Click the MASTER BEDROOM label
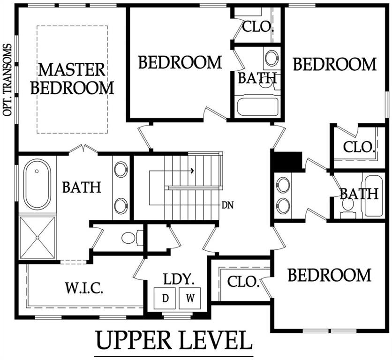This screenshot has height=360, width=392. tap(75, 78)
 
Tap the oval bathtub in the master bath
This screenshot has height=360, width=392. tap(38, 184)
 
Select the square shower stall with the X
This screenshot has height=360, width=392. tap(37, 237)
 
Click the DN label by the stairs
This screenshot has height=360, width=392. tap(228, 205)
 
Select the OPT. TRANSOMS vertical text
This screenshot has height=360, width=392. tap(7, 80)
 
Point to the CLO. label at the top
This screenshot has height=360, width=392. tap(257, 26)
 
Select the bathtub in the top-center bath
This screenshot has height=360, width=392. tap(257, 106)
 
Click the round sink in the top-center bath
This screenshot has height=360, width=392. tap(271, 59)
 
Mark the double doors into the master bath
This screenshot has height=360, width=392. tap(83, 150)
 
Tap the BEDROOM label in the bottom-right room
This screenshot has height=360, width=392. tap(329, 275)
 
